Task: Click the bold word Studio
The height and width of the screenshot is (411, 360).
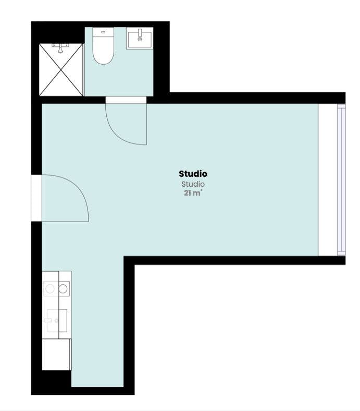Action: [193, 174]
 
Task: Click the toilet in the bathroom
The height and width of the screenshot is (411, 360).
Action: [103, 51]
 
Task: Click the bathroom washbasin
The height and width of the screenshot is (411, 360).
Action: [140, 39]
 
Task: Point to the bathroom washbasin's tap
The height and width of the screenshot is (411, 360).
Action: [140, 33]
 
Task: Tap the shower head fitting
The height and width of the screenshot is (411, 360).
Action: [61, 48]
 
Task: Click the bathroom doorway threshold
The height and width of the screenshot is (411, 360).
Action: [126, 100]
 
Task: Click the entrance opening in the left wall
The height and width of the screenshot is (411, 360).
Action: [36, 198]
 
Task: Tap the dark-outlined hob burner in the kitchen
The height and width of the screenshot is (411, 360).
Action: [64, 288]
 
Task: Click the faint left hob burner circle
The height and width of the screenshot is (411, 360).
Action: [51, 288]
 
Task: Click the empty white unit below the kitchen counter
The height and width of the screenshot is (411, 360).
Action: [56, 354]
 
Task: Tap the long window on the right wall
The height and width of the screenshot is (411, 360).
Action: [341, 180]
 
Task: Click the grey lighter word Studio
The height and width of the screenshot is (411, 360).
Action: [193, 184]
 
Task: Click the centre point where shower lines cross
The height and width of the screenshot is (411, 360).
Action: [61, 70]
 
